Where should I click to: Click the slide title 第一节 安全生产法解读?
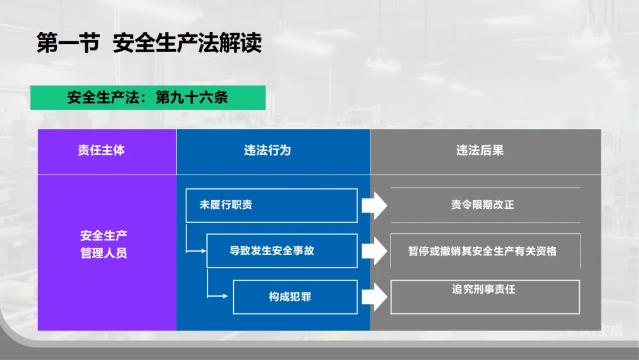point(149,44)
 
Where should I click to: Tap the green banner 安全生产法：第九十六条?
point(147,98)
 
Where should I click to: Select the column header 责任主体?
point(101,151)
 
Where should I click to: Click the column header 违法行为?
point(267,151)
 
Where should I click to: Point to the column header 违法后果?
point(480,151)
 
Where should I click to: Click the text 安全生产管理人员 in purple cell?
point(104,245)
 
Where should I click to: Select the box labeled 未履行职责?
point(272,205)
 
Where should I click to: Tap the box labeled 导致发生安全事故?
point(282,250)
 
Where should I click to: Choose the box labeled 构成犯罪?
point(295,297)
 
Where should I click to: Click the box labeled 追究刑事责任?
point(485,296)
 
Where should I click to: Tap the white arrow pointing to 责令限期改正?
point(374,205)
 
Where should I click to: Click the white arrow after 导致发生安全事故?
point(374,251)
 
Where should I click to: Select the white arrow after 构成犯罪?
point(374,297)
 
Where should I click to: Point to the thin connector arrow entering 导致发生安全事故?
point(196,251)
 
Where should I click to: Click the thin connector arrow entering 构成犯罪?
point(220,295)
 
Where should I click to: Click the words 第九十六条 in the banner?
point(191,98)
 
